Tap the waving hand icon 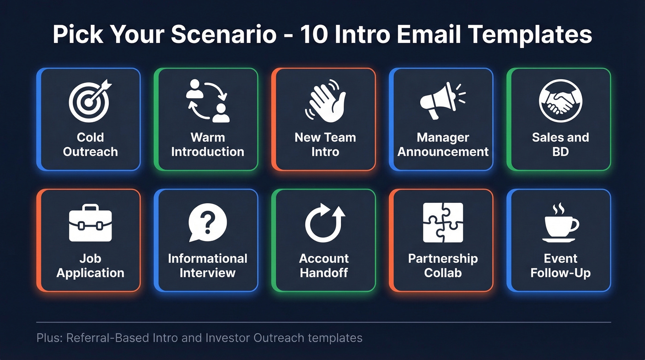pyautogui.click(x=325, y=101)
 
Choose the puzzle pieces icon pyautogui.click(x=443, y=223)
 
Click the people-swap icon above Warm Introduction pyautogui.click(x=208, y=100)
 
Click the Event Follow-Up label pyautogui.click(x=560, y=266)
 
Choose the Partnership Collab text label pyautogui.click(x=443, y=266)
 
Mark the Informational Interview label pyautogui.click(x=207, y=266)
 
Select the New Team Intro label pyautogui.click(x=325, y=144)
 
